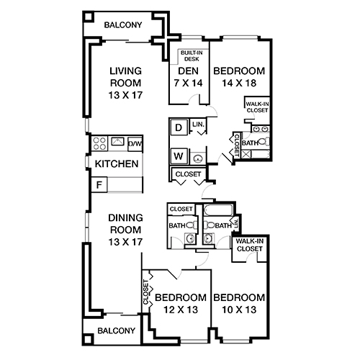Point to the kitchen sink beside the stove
[117, 142]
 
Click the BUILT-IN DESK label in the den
[190, 55]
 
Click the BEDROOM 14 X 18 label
[239, 77]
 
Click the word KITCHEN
[117, 164]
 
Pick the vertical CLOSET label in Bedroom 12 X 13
[147, 294]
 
